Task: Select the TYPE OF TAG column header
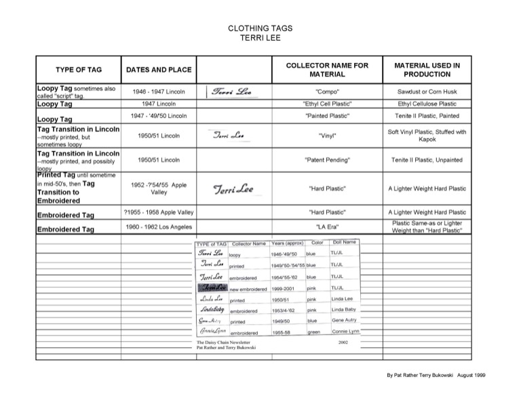click(x=79, y=70)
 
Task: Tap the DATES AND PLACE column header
click(x=159, y=70)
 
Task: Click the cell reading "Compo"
click(x=328, y=91)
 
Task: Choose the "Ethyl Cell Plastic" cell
click(x=328, y=104)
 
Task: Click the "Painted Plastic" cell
click(x=328, y=116)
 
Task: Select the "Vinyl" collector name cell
click(x=328, y=136)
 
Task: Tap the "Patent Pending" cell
click(x=328, y=160)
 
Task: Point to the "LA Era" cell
click(x=328, y=227)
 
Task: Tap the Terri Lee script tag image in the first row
click(x=230, y=92)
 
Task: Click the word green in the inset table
click(x=313, y=333)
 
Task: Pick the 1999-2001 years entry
click(x=285, y=289)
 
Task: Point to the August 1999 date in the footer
click(x=470, y=374)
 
